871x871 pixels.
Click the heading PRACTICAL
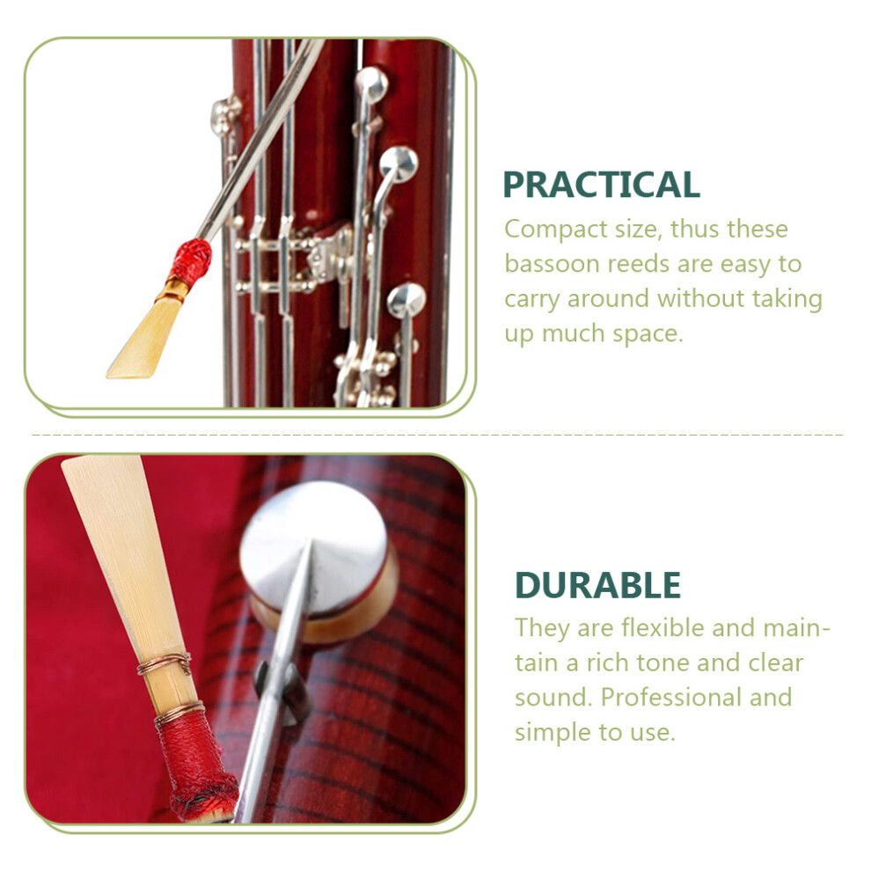601,185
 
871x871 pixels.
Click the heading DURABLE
597,585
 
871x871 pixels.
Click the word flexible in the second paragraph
662,627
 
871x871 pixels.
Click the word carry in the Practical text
531,300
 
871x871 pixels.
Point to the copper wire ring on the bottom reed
165,663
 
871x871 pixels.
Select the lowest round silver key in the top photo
406,301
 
